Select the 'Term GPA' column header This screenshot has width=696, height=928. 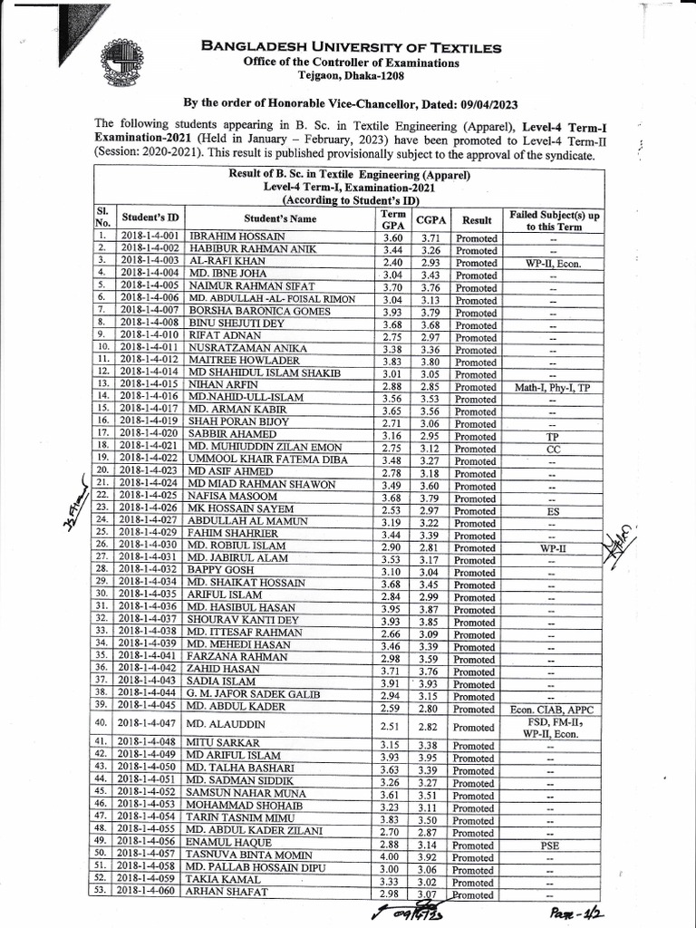[x=392, y=218]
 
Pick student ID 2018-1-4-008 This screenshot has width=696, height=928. [x=150, y=324]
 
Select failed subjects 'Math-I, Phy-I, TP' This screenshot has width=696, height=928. [x=551, y=387]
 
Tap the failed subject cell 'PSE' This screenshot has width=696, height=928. [x=551, y=843]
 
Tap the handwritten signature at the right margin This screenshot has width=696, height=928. [x=620, y=541]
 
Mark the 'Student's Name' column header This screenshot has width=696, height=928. [x=279, y=218]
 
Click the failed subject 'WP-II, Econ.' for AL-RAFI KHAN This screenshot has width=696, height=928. [x=551, y=263]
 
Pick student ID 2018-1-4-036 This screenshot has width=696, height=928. [x=150, y=605]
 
